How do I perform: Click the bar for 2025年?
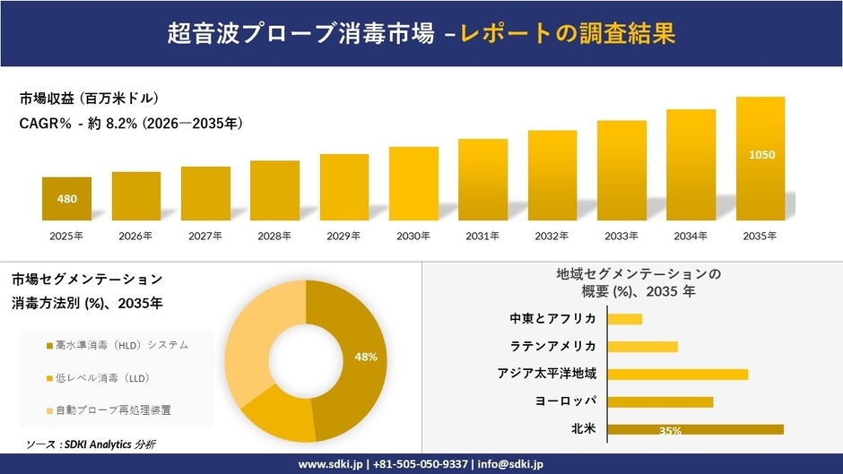66,199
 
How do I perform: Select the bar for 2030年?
413,184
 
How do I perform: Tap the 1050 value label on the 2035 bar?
760,155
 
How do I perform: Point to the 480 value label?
66,199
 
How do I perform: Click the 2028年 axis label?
274,237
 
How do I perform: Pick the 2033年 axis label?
621,237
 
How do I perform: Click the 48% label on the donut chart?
366,357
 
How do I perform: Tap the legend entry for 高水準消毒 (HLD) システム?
117,345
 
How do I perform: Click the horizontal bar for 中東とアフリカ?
625,319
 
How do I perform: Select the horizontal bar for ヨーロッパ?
660,401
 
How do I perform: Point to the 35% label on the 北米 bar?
670,431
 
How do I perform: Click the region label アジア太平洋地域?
547,374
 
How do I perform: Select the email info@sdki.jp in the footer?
511,464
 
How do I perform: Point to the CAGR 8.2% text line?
131,123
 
